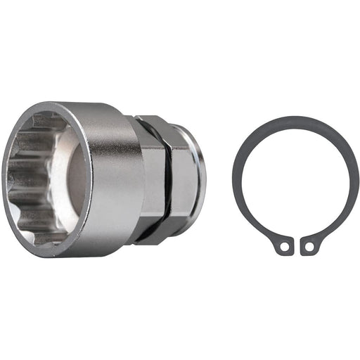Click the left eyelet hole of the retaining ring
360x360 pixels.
283,247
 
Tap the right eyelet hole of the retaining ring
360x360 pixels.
307,247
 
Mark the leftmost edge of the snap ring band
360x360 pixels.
236,179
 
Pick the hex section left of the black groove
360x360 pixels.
153,179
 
